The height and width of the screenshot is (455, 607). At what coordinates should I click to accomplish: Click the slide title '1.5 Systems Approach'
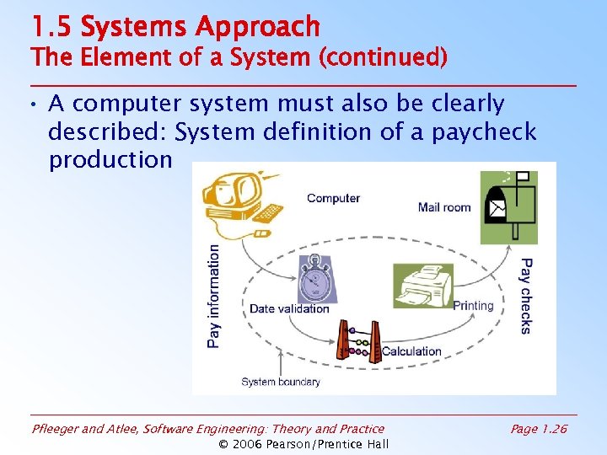coord(175,27)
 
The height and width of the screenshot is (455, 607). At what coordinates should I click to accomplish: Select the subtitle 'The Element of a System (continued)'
coord(239,57)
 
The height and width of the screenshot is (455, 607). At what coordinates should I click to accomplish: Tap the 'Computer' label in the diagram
coord(333,198)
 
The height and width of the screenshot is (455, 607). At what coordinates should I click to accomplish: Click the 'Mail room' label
coord(444,207)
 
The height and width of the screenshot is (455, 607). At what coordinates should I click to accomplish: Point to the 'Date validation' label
coord(289,309)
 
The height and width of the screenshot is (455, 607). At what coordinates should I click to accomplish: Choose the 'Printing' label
coord(473,306)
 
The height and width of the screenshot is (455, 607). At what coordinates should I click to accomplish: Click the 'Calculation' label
coord(411,351)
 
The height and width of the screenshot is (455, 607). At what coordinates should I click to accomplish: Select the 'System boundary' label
coord(281,382)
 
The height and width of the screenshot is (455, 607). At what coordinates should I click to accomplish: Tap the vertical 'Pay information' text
coord(214,296)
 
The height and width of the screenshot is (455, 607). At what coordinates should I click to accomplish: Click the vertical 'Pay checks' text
coord(526,296)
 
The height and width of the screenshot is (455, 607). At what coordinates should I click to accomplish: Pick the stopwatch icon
coord(316,277)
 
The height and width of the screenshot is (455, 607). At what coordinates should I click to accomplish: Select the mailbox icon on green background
coord(508,206)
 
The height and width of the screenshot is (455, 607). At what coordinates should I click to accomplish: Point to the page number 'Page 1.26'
coord(539,430)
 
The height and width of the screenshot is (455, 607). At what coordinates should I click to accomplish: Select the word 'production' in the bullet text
coord(110,160)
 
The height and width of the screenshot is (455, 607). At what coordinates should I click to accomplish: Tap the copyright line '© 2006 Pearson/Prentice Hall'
coord(303,445)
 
